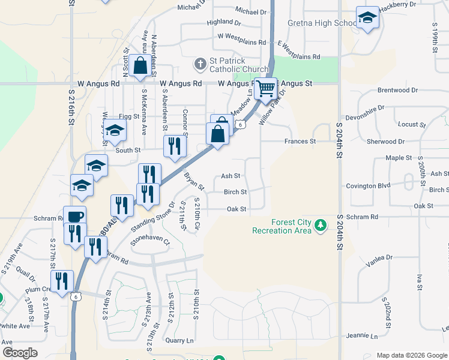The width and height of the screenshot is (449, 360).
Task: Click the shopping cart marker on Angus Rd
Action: (265, 89)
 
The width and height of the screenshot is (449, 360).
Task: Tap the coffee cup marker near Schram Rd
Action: (75, 217)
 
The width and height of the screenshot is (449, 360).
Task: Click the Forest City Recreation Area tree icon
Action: (322, 226)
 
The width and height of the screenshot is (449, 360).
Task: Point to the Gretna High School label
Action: (313, 23)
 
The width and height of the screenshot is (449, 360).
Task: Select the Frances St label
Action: (300, 142)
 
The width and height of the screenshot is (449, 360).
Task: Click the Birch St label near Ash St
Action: (235, 192)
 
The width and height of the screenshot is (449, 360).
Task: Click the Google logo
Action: (20, 353)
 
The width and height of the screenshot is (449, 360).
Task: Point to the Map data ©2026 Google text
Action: (411, 355)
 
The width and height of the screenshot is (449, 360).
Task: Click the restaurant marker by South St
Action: (174, 147)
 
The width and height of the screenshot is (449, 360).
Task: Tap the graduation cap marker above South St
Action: (114, 130)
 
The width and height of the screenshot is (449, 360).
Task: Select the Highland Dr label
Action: (223, 22)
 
